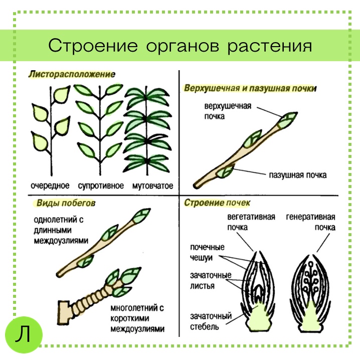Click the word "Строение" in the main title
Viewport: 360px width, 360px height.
[93, 46]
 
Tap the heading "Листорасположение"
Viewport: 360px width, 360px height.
[72, 74]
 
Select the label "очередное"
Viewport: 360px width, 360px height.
[50, 186]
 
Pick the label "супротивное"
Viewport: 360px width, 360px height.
[101, 186]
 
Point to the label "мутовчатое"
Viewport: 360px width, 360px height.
[153, 186]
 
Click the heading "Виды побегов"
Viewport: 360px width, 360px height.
[66, 203]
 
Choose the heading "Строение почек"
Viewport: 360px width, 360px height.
[217, 203]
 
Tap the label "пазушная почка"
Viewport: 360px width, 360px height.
[297, 175]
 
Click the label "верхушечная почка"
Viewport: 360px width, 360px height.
[228, 111]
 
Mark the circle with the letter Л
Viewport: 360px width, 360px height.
[24, 334]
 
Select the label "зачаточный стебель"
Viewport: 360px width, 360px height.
[211, 321]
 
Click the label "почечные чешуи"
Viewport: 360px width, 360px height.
[207, 252]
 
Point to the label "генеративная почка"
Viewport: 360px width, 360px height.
[311, 222]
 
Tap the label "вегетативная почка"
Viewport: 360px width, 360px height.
[251, 222]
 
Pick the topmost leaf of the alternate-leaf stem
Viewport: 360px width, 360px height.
[62, 95]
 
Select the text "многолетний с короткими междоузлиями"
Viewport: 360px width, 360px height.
[137, 319]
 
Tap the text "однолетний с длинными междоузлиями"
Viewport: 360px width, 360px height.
[61, 230]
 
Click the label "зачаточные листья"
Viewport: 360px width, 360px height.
[211, 281]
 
